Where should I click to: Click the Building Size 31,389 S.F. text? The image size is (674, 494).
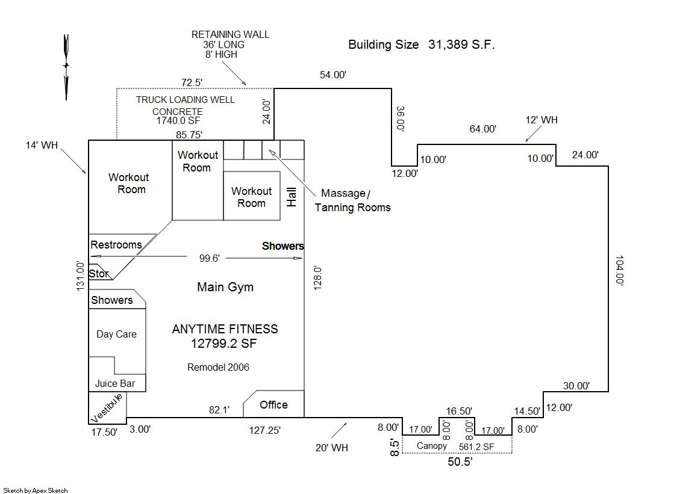[422, 45]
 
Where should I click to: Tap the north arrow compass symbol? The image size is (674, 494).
[66, 66]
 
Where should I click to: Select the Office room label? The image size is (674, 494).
[273, 405]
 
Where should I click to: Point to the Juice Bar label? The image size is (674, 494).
[115, 383]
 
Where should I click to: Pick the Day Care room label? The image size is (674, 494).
[116, 335]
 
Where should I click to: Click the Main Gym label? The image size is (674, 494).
[225, 287]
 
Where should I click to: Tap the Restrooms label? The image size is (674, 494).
[116, 245]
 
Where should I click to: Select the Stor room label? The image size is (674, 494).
[99, 274]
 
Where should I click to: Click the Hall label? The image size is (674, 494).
[292, 197]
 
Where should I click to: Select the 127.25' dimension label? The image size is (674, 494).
[265, 430]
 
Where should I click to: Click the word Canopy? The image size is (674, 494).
[432, 446]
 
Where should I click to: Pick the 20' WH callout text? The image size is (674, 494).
[332, 448]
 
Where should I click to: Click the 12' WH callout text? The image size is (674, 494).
[541, 120]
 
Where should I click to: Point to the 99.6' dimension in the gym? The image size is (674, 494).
[210, 258]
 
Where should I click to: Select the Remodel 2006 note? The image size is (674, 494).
[218, 367]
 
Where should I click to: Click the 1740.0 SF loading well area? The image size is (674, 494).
[178, 120]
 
